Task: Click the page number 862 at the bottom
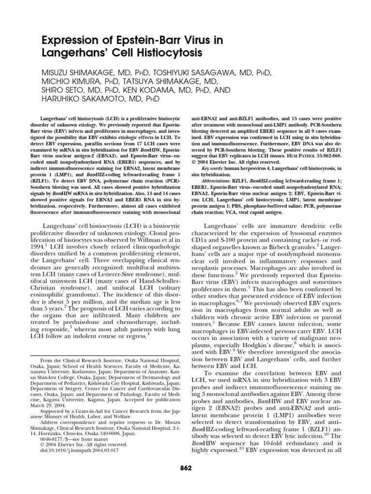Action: point(185,467)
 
